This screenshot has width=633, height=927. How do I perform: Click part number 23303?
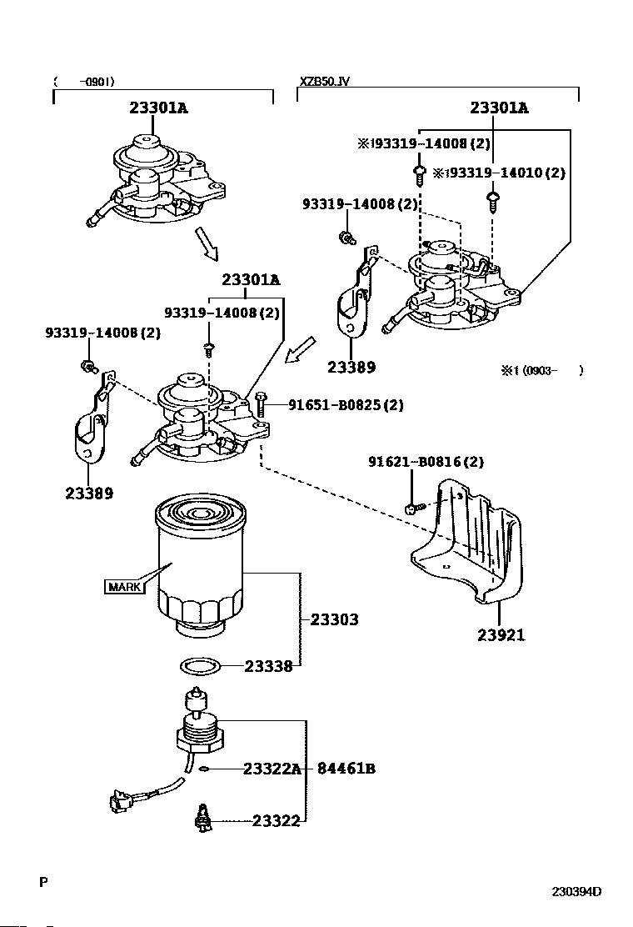[x=334, y=620]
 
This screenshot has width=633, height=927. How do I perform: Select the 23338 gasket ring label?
[x=267, y=666]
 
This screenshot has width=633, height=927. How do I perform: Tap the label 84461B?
[x=346, y=769]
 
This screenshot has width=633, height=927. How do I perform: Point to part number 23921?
[x=501, y=635]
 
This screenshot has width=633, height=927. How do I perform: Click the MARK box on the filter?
[x=124, y=587]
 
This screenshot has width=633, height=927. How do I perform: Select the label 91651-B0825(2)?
[x=346, y=406]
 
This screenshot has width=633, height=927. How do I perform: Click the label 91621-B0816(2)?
[x=426, y=462]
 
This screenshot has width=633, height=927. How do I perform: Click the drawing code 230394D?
[x=576, y=891]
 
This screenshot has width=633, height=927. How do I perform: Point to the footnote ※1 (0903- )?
[x=541, y=370]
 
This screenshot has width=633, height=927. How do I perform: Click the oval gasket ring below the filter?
[x=201, y=666]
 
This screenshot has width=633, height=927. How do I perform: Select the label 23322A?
[x=272, y=769]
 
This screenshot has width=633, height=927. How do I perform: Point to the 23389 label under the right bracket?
[x=351, y=367]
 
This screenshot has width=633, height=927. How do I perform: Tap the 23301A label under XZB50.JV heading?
[x=499, y=108]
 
